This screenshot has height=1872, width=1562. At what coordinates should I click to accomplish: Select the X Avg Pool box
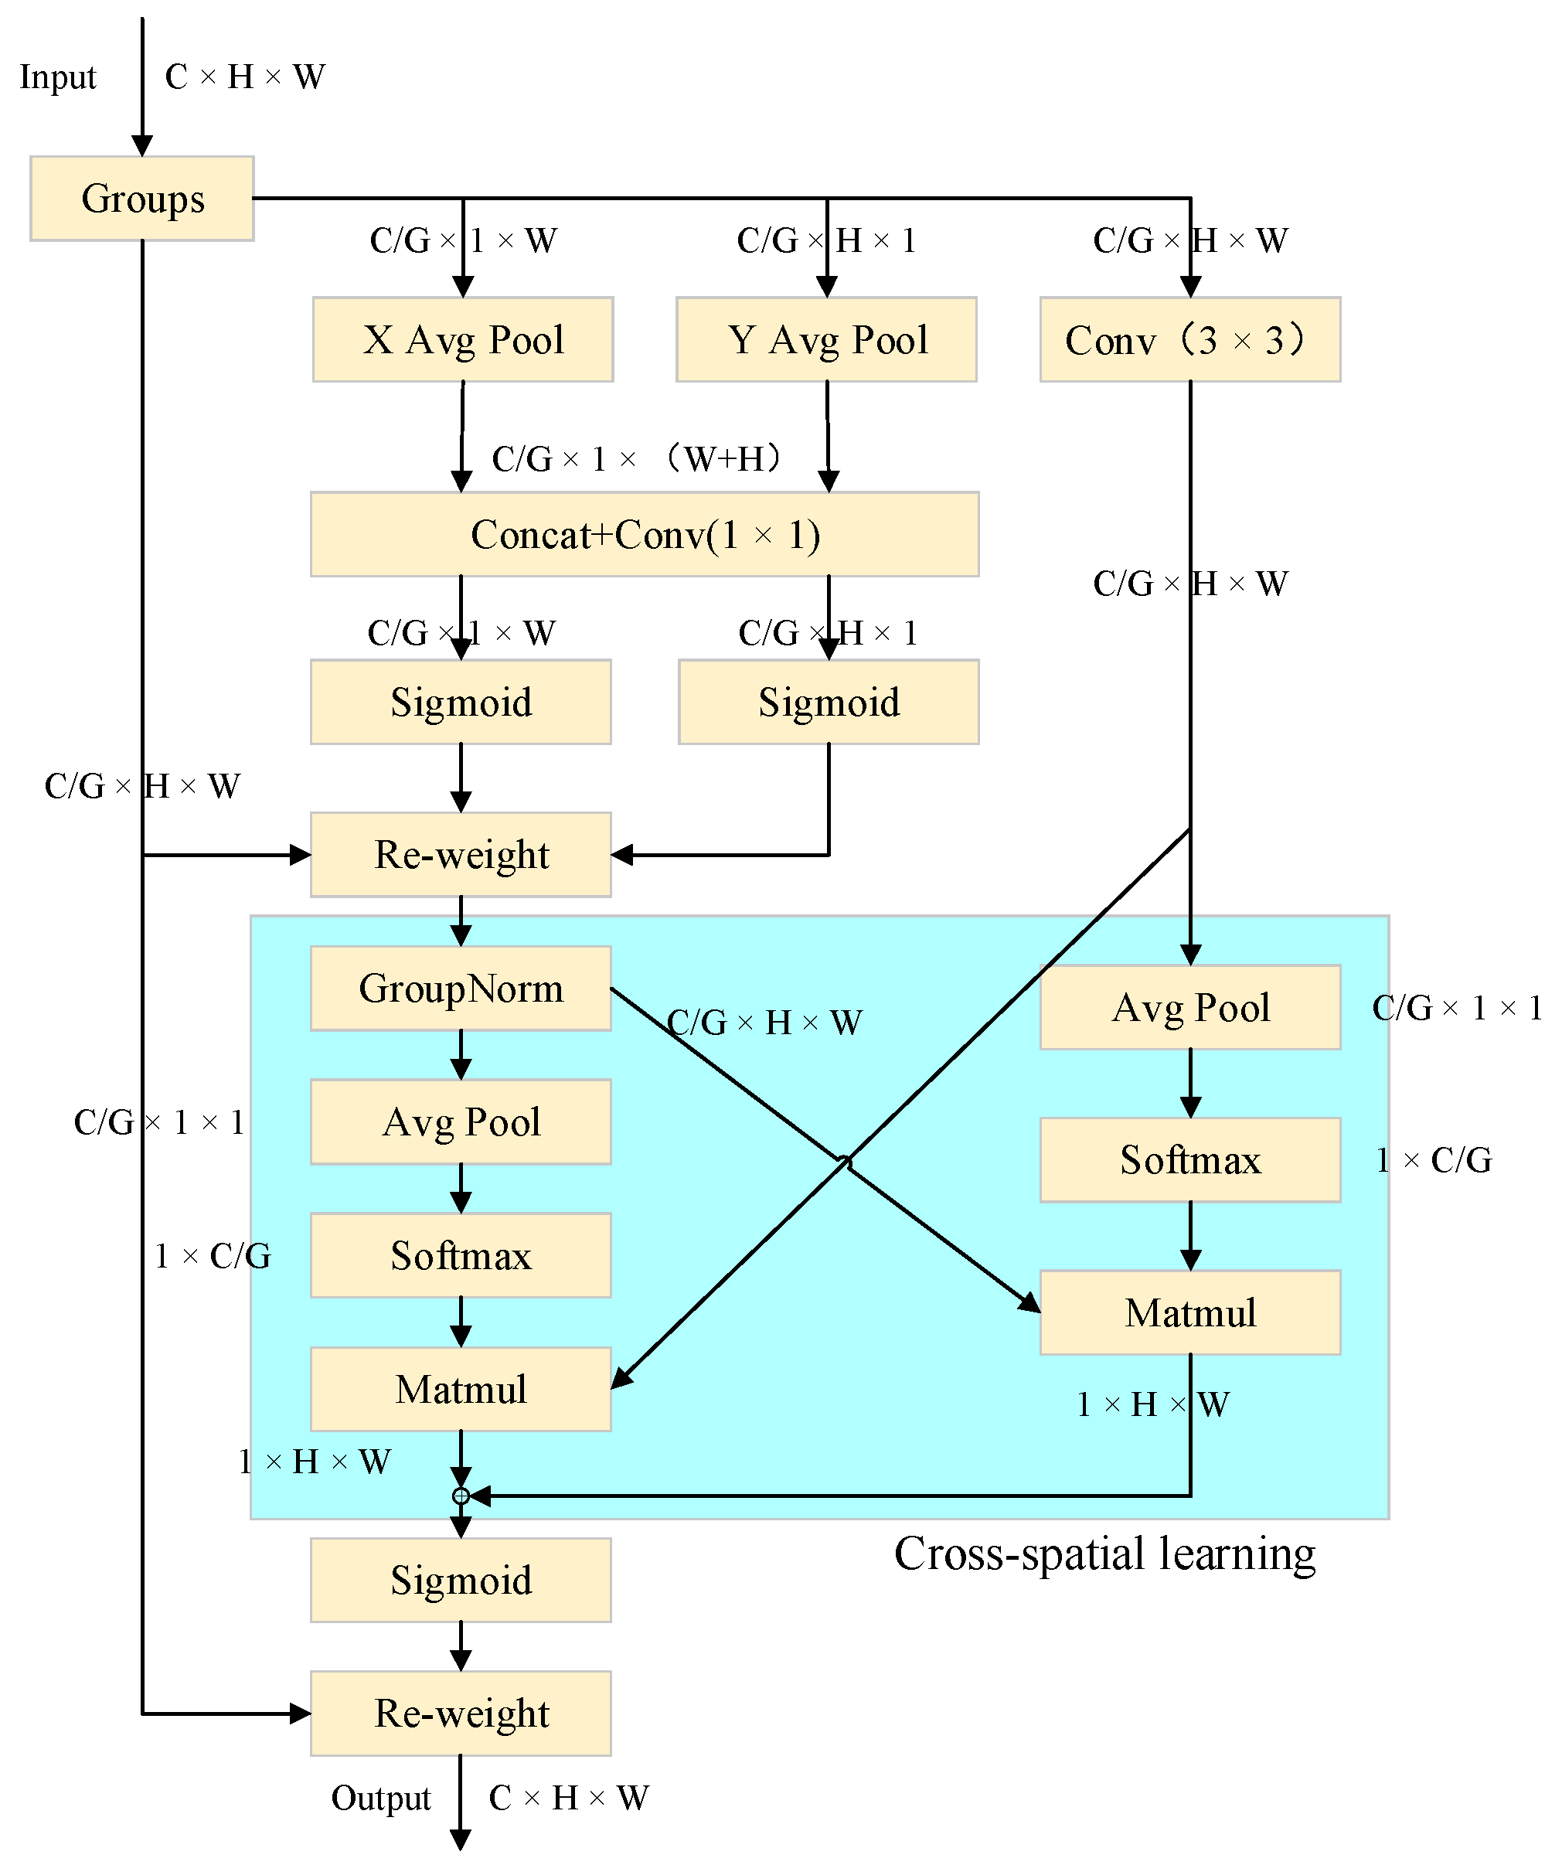(463, 339)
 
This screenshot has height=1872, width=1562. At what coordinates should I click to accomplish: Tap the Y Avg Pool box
(826, 339)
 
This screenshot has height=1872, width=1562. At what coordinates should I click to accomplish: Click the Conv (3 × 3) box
(1190, 339)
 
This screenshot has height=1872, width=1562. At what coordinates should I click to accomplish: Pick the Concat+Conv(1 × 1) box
(645, 534)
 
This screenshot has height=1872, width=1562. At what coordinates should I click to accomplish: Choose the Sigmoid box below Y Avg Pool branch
(829, 702)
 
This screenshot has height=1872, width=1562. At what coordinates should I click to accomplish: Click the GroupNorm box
(461, 988)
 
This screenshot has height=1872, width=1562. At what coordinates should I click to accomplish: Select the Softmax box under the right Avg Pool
(1190, 1159)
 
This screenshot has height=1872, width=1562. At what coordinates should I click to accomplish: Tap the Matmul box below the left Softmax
(461, 1389)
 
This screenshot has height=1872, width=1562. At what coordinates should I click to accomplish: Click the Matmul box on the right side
(1190, 1312)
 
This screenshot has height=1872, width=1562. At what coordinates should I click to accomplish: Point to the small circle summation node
(461, 1496)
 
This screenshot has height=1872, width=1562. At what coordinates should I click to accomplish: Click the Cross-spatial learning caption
(1104, 1554)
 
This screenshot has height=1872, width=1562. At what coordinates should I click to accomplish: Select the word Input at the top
(58, 77)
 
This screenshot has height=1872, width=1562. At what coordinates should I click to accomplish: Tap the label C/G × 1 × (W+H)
(638, 458)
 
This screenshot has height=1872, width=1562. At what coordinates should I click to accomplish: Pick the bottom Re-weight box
(461, 1714)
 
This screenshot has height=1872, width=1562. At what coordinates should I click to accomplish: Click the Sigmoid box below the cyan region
(461, 1580)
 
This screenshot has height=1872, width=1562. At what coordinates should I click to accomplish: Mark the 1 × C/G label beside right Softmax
(1434, 1159)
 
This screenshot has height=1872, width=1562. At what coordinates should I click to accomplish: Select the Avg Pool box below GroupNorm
(461, 1121)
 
